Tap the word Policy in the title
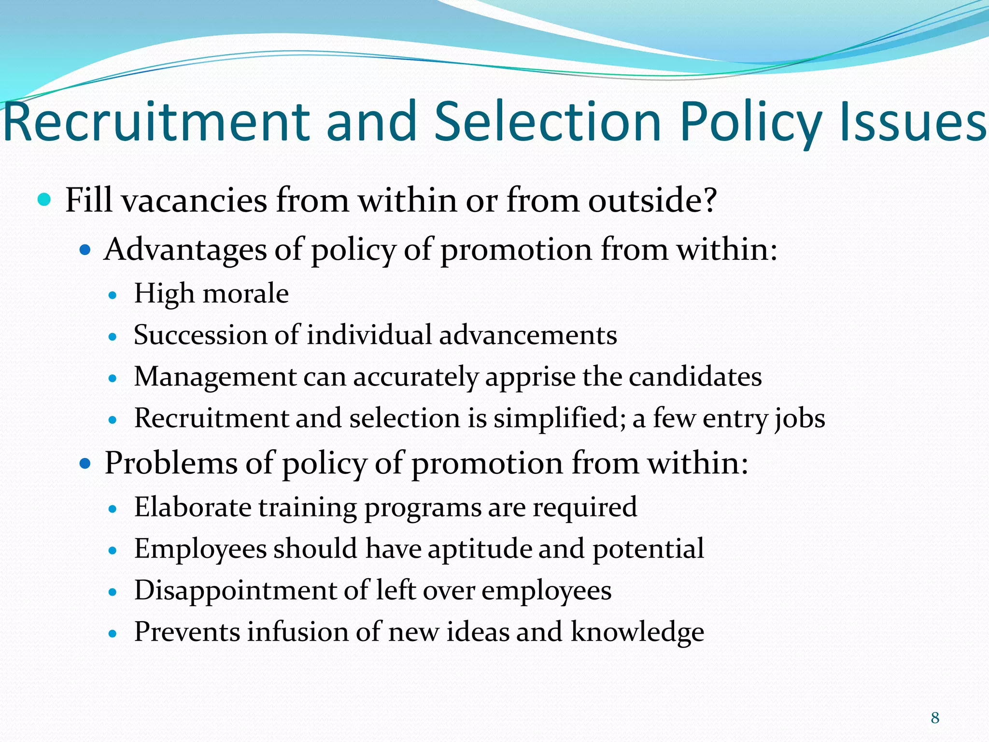tap(751, 122)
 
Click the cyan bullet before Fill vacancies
tap(44, 199)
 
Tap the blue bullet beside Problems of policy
tap(85, 464)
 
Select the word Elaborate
tap(193, 507)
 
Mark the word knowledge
tap(637, 632)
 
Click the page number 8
tap(935, 718)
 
